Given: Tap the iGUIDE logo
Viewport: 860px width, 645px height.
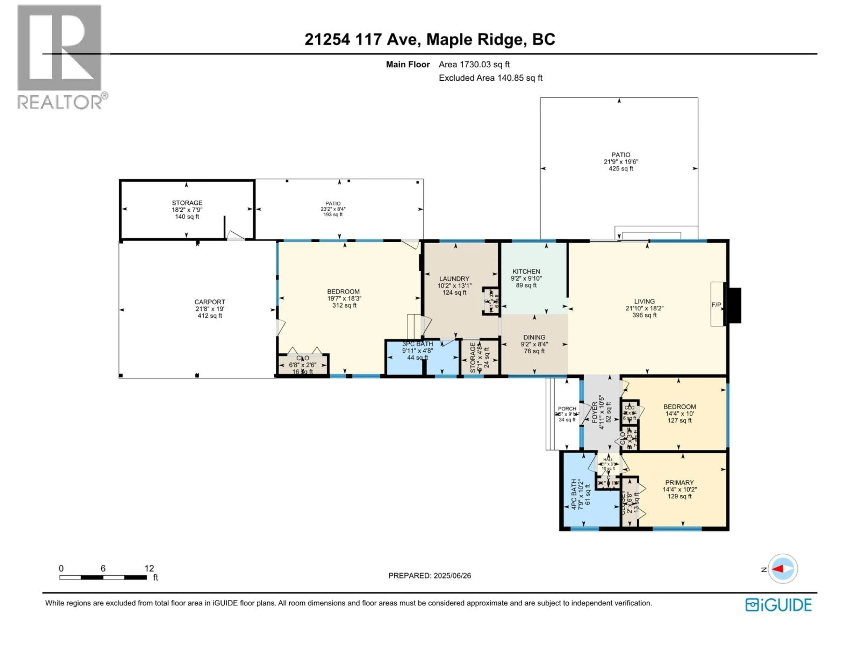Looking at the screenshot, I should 778,605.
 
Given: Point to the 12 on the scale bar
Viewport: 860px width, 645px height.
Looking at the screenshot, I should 149,568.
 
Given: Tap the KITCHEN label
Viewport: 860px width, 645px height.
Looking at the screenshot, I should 526,271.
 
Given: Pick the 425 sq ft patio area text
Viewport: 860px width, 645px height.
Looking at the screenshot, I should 621,169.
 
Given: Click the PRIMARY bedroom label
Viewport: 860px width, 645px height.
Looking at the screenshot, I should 679,482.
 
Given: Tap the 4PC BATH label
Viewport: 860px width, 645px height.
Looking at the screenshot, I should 574,494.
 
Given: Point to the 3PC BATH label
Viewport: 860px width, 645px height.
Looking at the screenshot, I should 417,344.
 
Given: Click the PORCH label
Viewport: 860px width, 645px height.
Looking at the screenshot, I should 567,409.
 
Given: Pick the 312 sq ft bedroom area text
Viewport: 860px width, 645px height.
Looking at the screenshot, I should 344,305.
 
